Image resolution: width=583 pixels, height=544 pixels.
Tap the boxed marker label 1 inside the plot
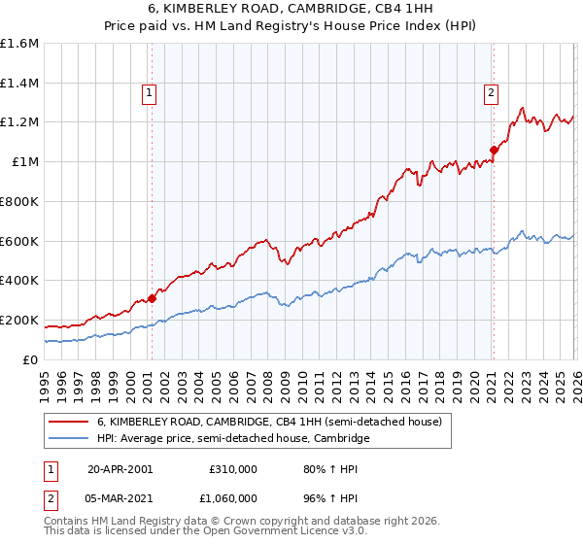[x=150, y=93]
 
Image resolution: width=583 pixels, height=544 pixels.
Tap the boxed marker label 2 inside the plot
[x=491, y=93]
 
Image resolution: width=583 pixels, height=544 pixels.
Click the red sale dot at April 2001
[x=152, y=298]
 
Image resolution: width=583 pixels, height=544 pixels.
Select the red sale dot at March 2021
[x=494, y=150]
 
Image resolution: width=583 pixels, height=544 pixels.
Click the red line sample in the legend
[x=69, y=423]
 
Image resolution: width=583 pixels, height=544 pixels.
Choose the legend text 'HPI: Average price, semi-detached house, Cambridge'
[x=233, y=439]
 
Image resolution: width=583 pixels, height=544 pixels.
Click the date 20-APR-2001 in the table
[x=120, y=468]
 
